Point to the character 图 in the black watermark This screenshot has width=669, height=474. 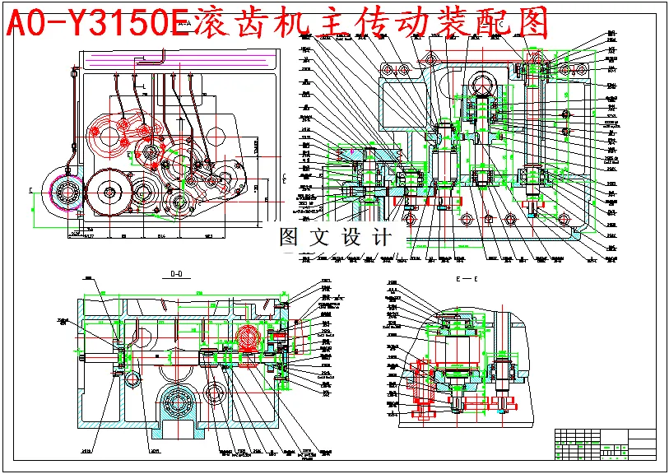290,238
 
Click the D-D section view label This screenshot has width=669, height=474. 176,275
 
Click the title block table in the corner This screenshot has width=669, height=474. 606,444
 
